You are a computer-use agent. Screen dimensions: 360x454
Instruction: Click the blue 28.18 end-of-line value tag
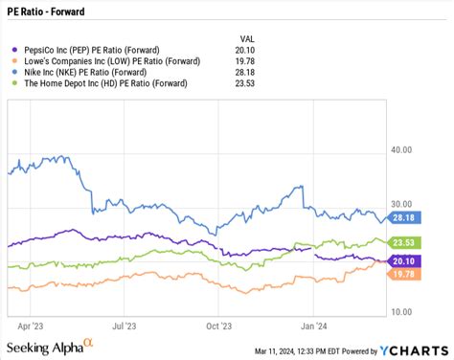(x=403, y=217)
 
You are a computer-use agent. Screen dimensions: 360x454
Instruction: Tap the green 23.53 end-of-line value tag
(x=403, y=243)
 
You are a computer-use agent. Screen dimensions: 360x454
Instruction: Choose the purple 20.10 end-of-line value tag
(x=403, y=261)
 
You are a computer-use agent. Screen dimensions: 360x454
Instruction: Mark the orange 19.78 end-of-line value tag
(x=403, y=275)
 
